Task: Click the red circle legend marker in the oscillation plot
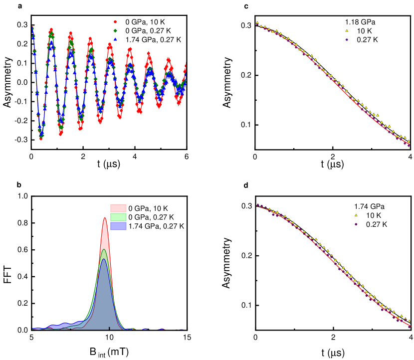click(115, 22)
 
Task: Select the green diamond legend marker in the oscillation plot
click(115, 31)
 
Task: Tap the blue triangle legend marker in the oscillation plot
click(115, 39)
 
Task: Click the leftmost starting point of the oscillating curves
click(32, 27)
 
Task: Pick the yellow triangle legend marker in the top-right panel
click(347, 31)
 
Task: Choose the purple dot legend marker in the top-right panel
click(347, 39)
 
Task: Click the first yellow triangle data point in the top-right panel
click(257, 22)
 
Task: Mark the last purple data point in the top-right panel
click(409, 145)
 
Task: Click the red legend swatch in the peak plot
click(118, 208)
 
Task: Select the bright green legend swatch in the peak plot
click(118, 217)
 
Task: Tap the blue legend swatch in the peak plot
click(118, 226)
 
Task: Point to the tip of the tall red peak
click(104, 218)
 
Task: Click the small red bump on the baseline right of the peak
click(162, 329)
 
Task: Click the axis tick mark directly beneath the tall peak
click(109, 329)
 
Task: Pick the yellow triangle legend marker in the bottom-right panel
click(356, 215)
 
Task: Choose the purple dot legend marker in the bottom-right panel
click(356, 224)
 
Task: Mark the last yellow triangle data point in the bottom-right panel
click(409, 321)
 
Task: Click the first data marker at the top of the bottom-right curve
click(257, 205)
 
